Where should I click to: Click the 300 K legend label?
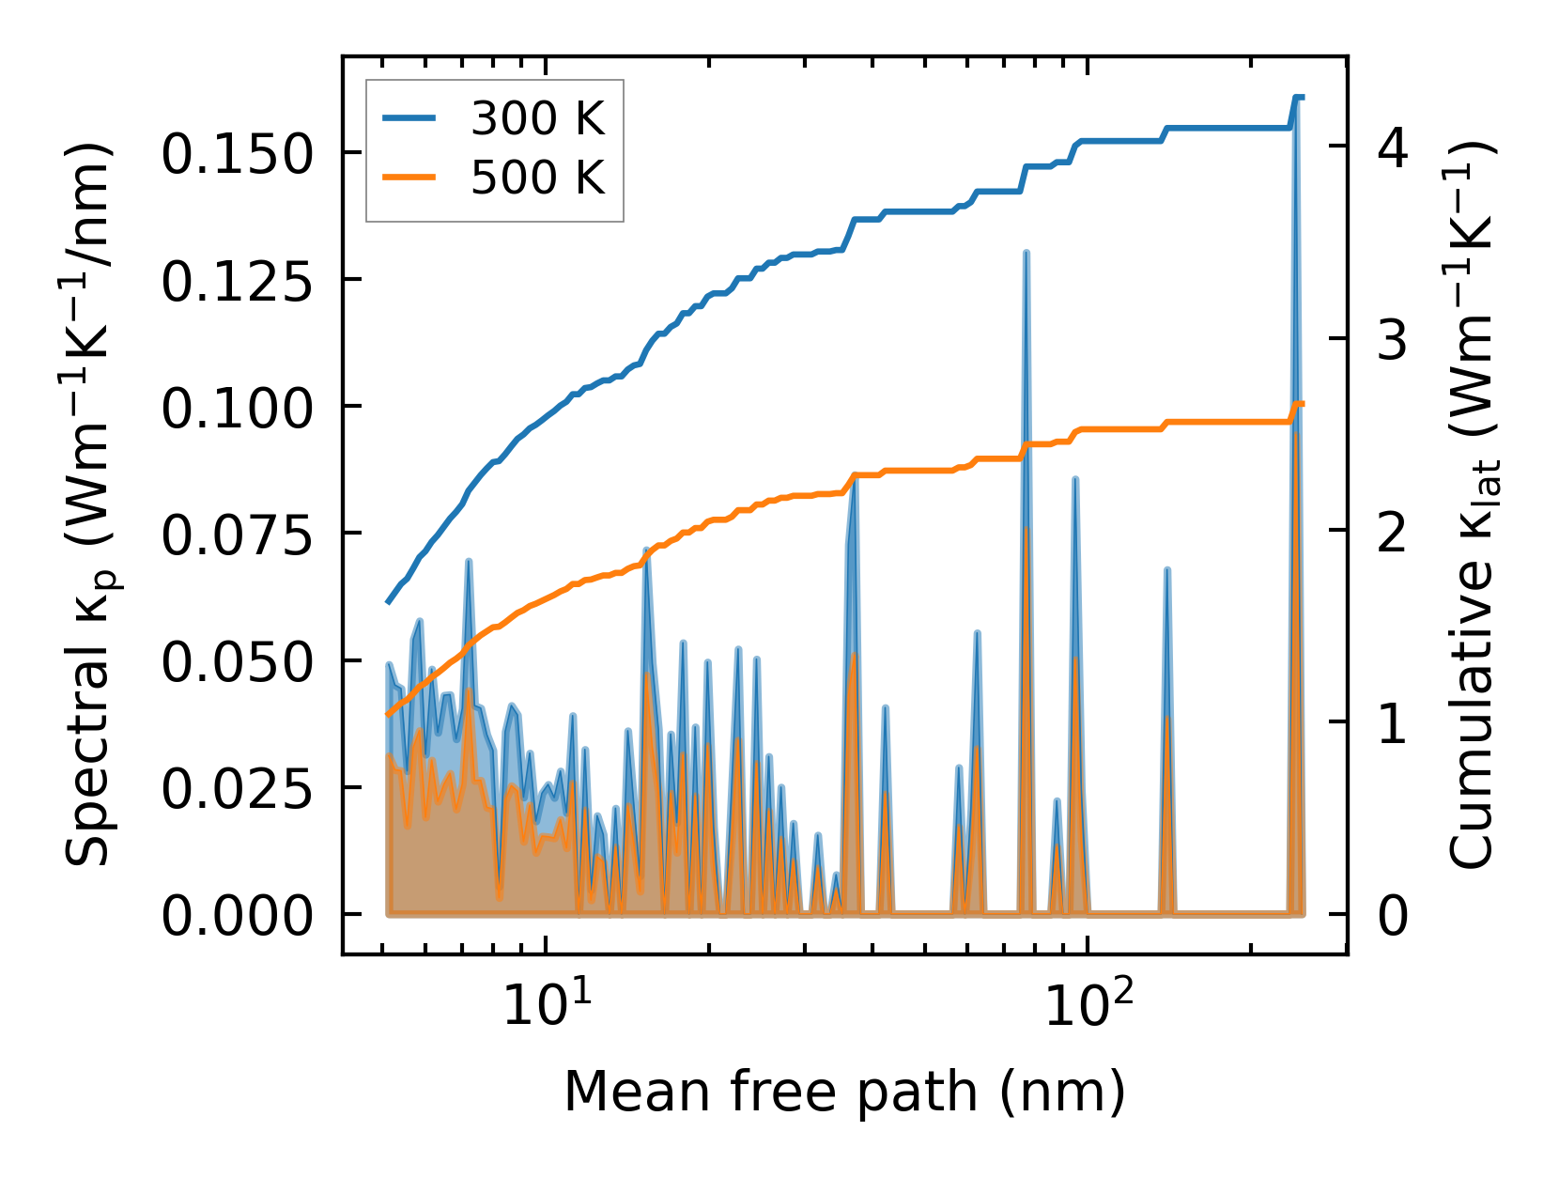pos(537,119)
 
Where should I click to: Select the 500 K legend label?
pos(537,178)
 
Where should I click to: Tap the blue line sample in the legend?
pos(409,119)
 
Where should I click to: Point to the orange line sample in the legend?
pos(409,178)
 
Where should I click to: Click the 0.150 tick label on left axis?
pos(236,153)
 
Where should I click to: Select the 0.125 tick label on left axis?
pos(236,281)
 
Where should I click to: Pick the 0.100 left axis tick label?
pos(236,408)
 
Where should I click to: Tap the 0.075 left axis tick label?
pos(236,535)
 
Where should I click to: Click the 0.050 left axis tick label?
pos(236,662)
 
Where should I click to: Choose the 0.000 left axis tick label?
pos(236,916)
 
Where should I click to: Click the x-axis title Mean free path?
pos(844,1092)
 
